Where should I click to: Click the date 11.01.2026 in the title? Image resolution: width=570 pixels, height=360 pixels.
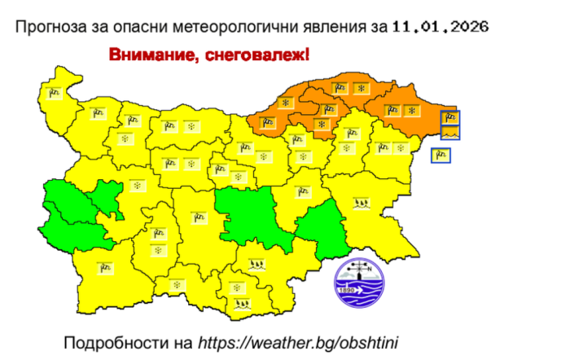pos(440,26)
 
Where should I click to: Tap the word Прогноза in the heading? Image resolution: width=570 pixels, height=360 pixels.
pos(50,26)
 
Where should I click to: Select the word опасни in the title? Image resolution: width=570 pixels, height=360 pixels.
pos(132,26)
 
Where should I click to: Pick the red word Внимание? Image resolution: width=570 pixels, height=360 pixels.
pos(150,55)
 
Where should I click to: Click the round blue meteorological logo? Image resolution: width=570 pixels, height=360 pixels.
pos(358,282)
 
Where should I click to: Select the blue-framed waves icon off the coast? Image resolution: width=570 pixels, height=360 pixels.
pos(450,131)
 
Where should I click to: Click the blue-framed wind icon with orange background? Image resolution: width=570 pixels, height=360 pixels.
pos(450,117)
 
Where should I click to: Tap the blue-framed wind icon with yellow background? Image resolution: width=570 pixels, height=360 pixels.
pos(441,154)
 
